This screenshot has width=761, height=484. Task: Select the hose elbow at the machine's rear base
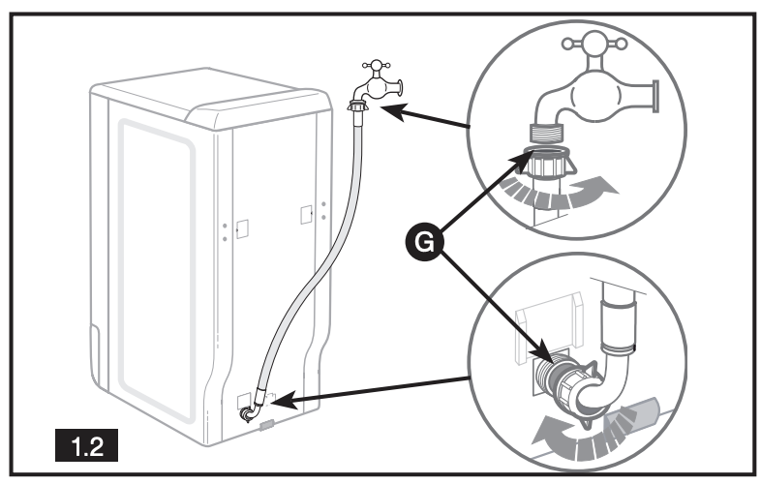click(250, 411)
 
